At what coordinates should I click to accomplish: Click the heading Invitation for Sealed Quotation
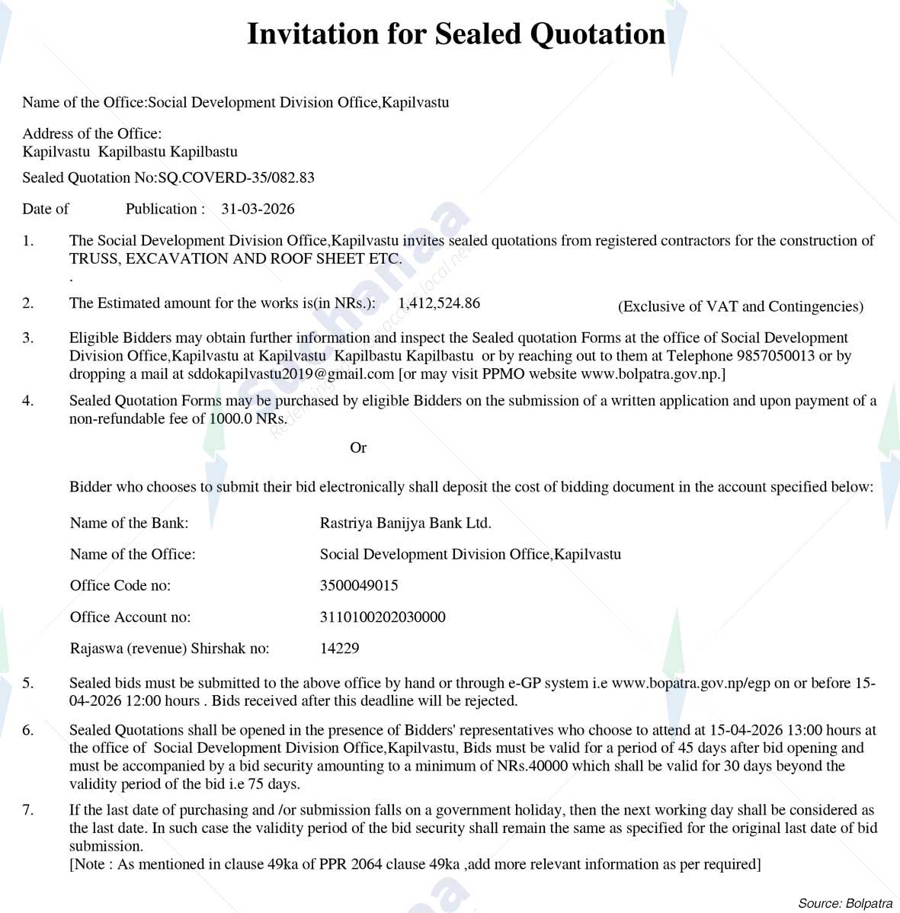456,34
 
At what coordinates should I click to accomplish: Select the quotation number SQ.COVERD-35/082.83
236,178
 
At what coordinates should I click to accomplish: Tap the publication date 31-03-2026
258,209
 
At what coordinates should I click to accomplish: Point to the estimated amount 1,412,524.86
439,303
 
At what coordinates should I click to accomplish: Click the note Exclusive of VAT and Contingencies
740,306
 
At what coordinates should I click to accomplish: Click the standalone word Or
358,447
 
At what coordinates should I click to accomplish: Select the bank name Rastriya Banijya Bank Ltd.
405,523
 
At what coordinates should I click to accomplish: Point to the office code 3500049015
359,585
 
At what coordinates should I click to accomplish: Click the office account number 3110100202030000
383,617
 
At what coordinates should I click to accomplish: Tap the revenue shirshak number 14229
339,649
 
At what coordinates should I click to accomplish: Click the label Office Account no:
130,617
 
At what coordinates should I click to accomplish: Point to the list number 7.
28,809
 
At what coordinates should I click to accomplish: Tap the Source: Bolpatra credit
845,903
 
